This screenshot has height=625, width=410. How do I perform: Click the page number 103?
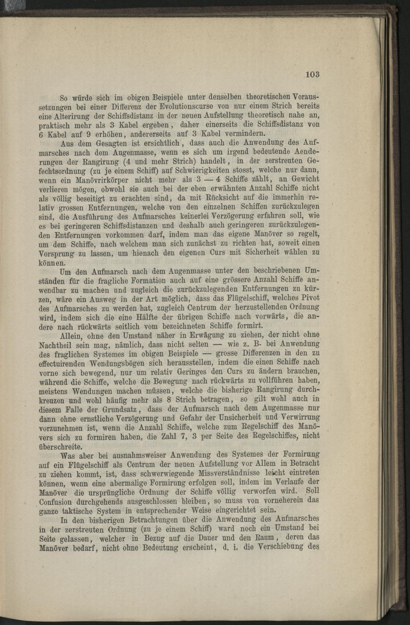312,74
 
